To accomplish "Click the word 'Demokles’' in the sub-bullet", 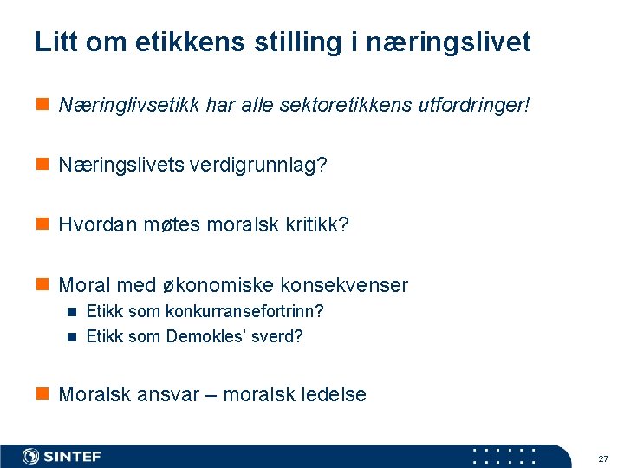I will (205, 336).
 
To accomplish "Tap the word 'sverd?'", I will (276, 336).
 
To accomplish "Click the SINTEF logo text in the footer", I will (73, 457).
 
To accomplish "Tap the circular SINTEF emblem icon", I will (31, 457).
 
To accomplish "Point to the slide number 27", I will (603, 458).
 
